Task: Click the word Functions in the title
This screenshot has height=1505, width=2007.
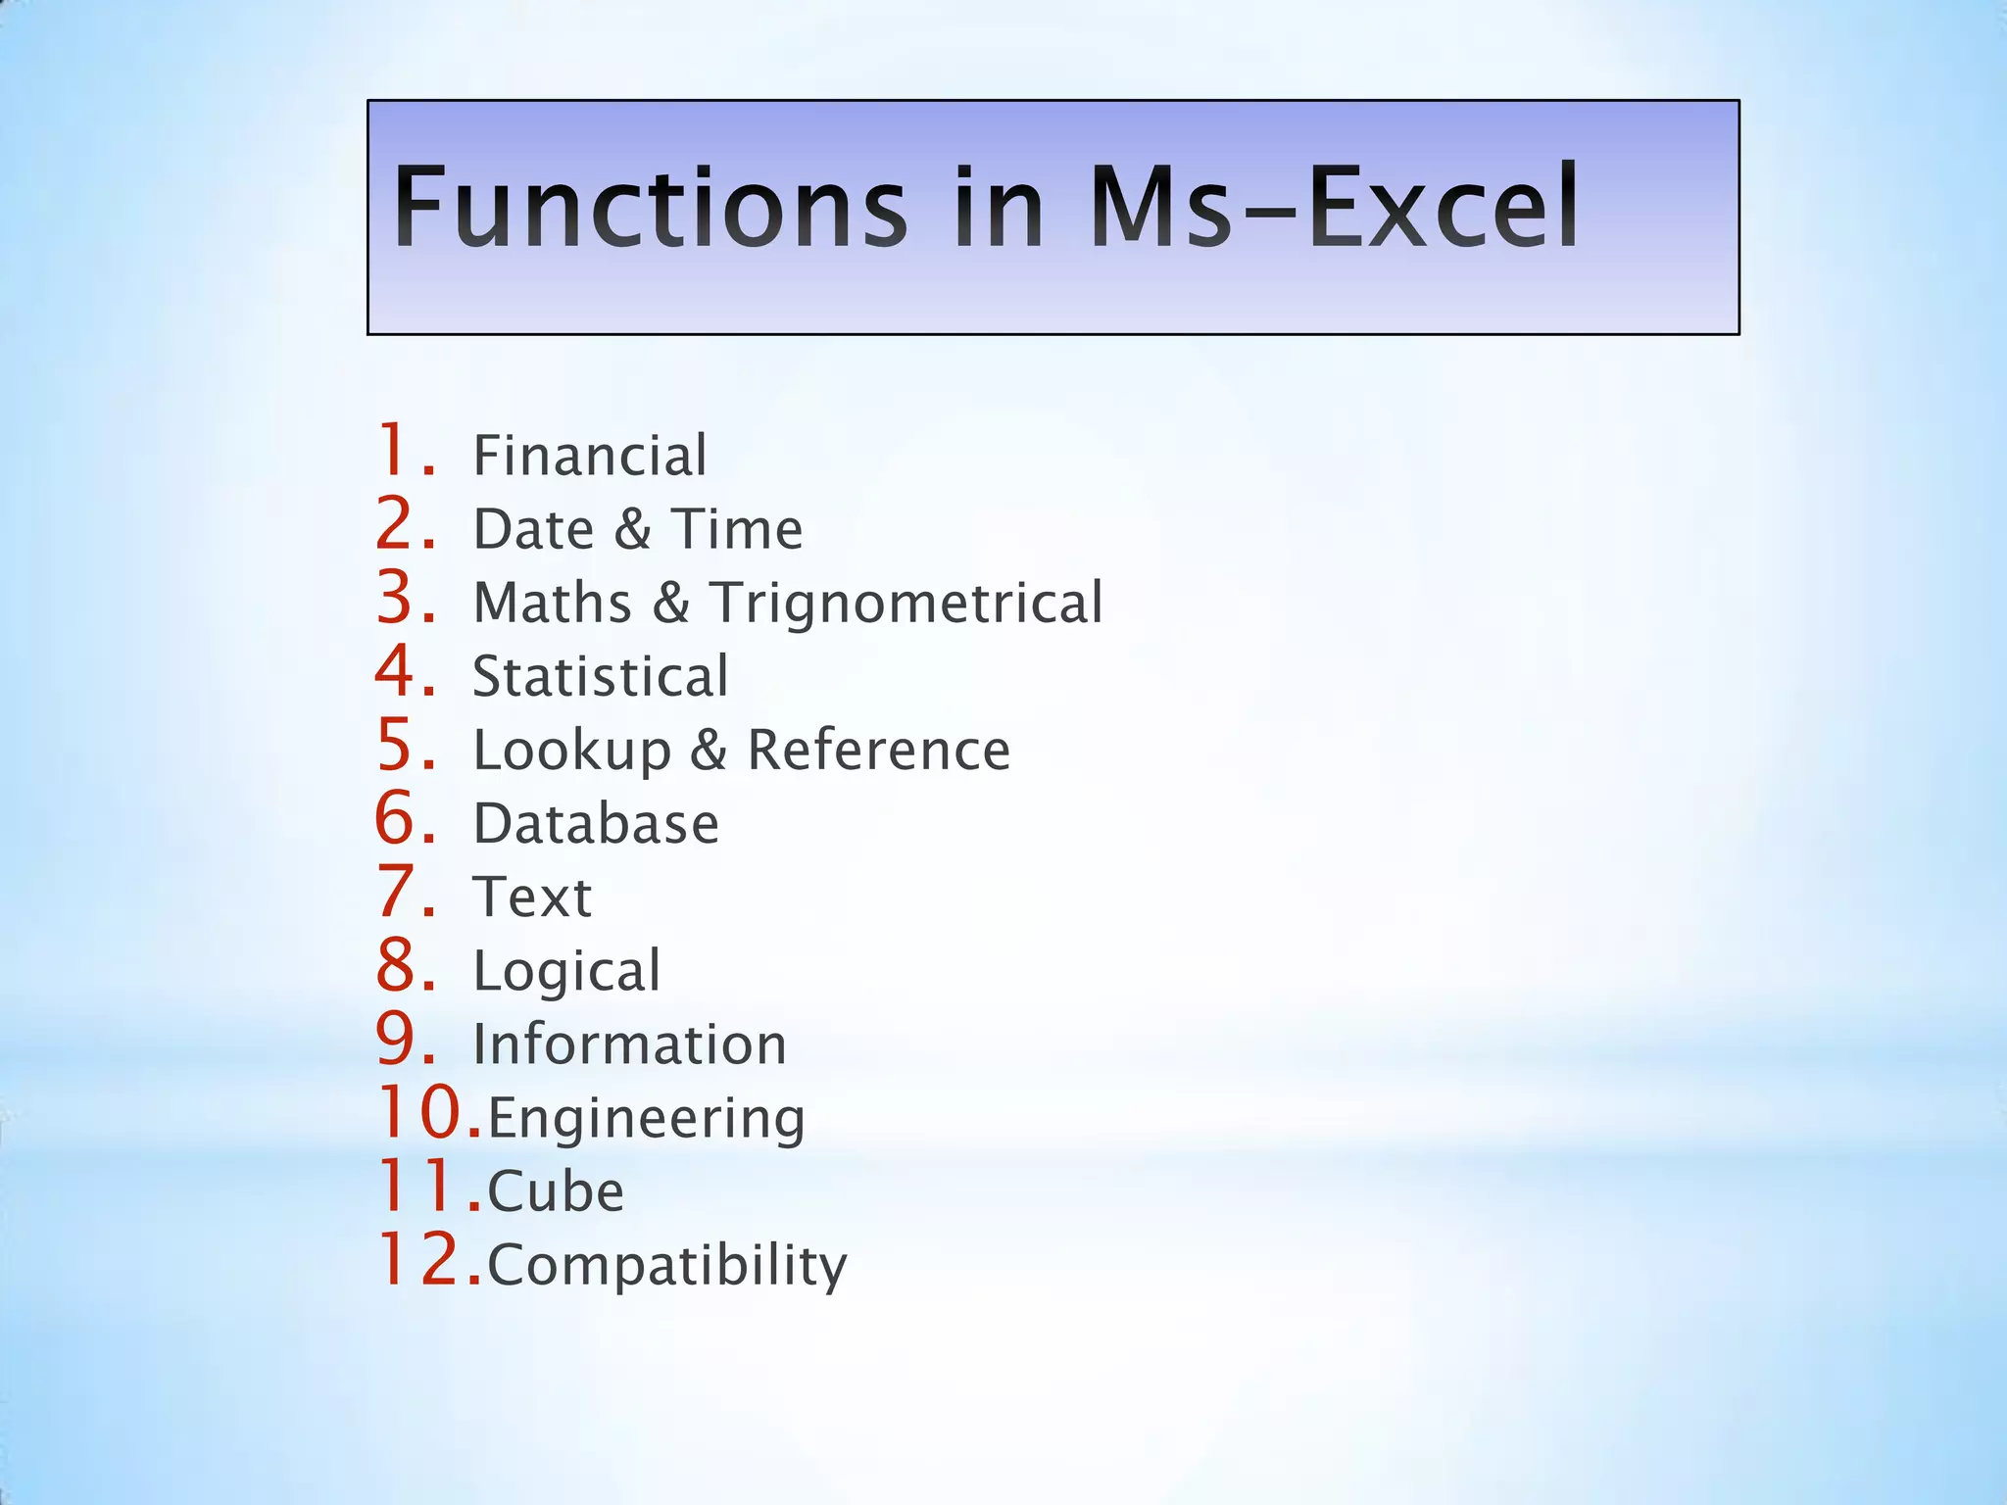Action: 651,208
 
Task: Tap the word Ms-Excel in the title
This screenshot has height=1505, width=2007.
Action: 1333,208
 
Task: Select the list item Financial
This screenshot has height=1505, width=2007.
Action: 589,456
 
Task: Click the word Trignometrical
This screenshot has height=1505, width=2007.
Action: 906,603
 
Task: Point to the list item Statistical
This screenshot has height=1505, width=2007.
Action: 600,676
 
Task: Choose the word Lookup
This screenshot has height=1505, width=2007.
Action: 572,752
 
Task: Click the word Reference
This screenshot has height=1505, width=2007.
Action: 878,751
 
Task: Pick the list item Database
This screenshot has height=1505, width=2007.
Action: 596,824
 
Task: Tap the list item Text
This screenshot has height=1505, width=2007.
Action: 532,898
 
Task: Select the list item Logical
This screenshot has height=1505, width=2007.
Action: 566,972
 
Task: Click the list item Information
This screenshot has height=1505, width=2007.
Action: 629,1044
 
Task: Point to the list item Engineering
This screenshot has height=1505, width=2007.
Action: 646,1119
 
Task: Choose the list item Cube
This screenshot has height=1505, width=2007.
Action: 556,1192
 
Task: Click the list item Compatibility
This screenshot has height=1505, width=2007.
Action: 666,1266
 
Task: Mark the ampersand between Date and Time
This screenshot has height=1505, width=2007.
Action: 633,530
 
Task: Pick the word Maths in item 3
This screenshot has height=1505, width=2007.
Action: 553,603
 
